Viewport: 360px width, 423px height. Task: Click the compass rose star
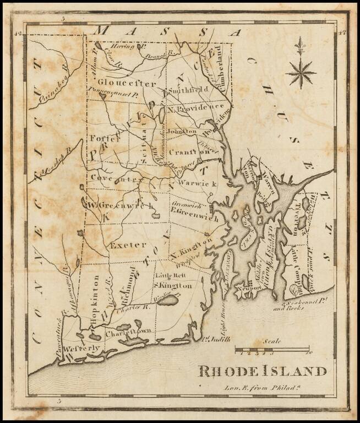(x=301, y=72)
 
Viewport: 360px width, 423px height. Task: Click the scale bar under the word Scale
(x=272, y=349)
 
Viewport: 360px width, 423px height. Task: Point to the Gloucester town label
(x=121, y=83)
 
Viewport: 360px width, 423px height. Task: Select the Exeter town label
(x=128, y=244)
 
